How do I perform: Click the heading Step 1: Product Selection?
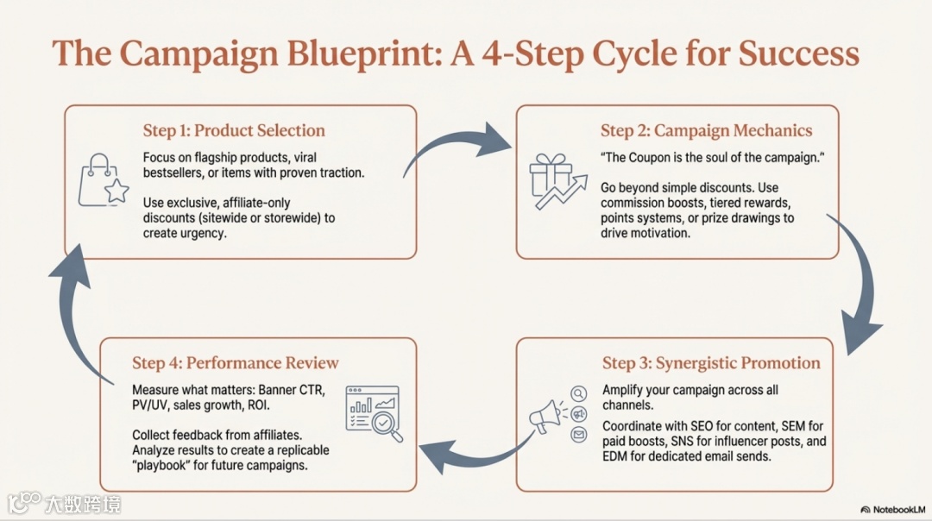[x=234, y=131]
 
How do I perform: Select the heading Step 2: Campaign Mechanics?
[x=706, y=131]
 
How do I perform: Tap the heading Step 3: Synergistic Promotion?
[x=711, y=363]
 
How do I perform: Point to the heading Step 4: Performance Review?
[x=235, y=363]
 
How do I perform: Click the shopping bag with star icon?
[x=103, y=180]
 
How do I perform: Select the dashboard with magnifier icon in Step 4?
[x=374, y=413]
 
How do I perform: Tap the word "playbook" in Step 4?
[x=165, y=465]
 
